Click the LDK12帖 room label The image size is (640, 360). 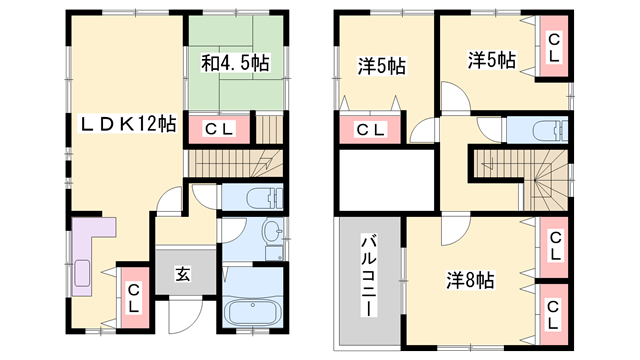[x=129, y=124]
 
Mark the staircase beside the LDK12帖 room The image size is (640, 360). [x=236, y=162]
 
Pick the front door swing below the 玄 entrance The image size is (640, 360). [x=183, y=316]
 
